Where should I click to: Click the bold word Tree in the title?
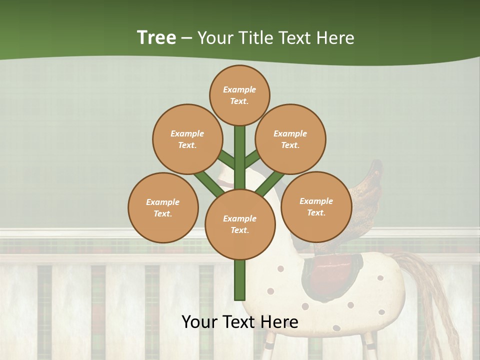coord(156,37)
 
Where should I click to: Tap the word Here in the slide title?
coord(335,37)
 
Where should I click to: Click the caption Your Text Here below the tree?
coord(240,322)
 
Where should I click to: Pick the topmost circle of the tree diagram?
coord(239,95)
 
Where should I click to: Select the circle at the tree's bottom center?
coord(240,224)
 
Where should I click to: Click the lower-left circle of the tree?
coord(163,207)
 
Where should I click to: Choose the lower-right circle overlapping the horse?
coord(316,206)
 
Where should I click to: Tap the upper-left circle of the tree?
coord(187,139)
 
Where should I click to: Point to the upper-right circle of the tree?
coord(290,139)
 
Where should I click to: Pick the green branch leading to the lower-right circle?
coord(270,182)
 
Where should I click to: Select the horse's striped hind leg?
coord(368,345)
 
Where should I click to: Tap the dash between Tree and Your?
coord(186,38)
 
